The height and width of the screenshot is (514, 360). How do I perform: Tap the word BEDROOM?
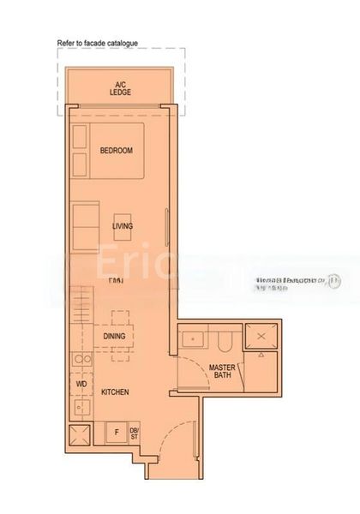click(117, 150)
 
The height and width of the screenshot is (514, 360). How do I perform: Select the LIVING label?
click(123, 226)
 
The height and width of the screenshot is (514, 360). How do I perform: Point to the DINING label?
click(115, 337)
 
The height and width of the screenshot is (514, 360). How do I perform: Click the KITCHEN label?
click(115, 391)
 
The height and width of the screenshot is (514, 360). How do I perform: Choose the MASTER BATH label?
click(222, 372)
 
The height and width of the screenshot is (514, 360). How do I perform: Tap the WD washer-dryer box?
click(82, 385)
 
